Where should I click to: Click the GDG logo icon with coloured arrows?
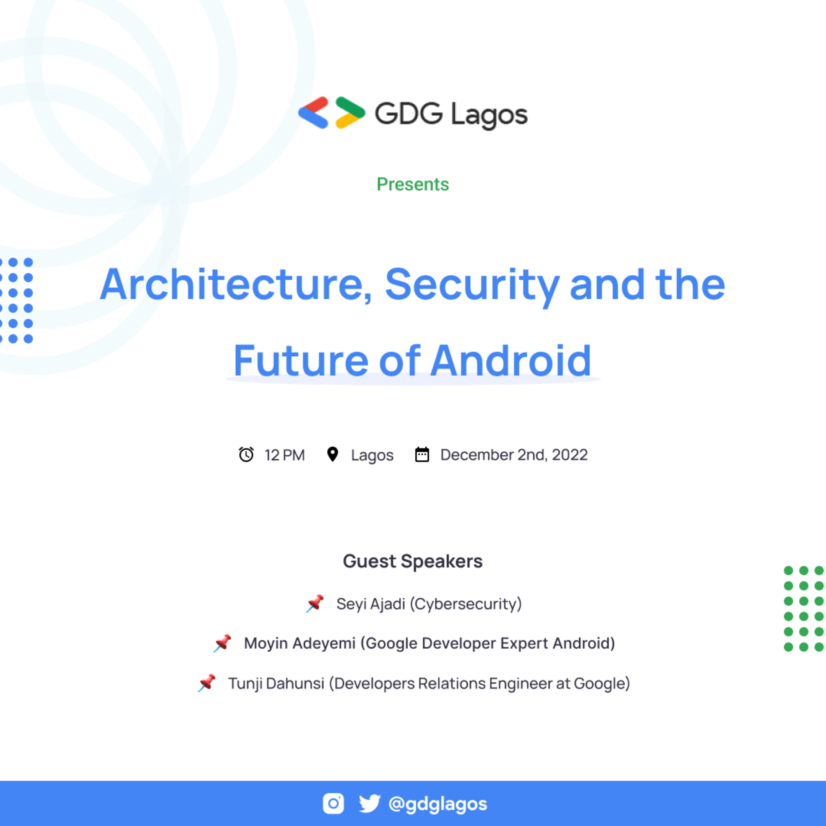332,113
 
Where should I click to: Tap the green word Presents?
413,184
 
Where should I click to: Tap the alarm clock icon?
246,454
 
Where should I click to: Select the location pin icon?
333,454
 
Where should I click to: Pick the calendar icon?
422,454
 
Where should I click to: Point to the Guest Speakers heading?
413,561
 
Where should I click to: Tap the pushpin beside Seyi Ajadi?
315,603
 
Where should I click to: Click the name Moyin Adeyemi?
299,643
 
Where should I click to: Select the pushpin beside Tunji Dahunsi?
207,683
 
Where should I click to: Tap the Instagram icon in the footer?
333,804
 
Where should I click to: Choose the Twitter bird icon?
369,804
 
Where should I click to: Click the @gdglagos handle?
438,804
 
